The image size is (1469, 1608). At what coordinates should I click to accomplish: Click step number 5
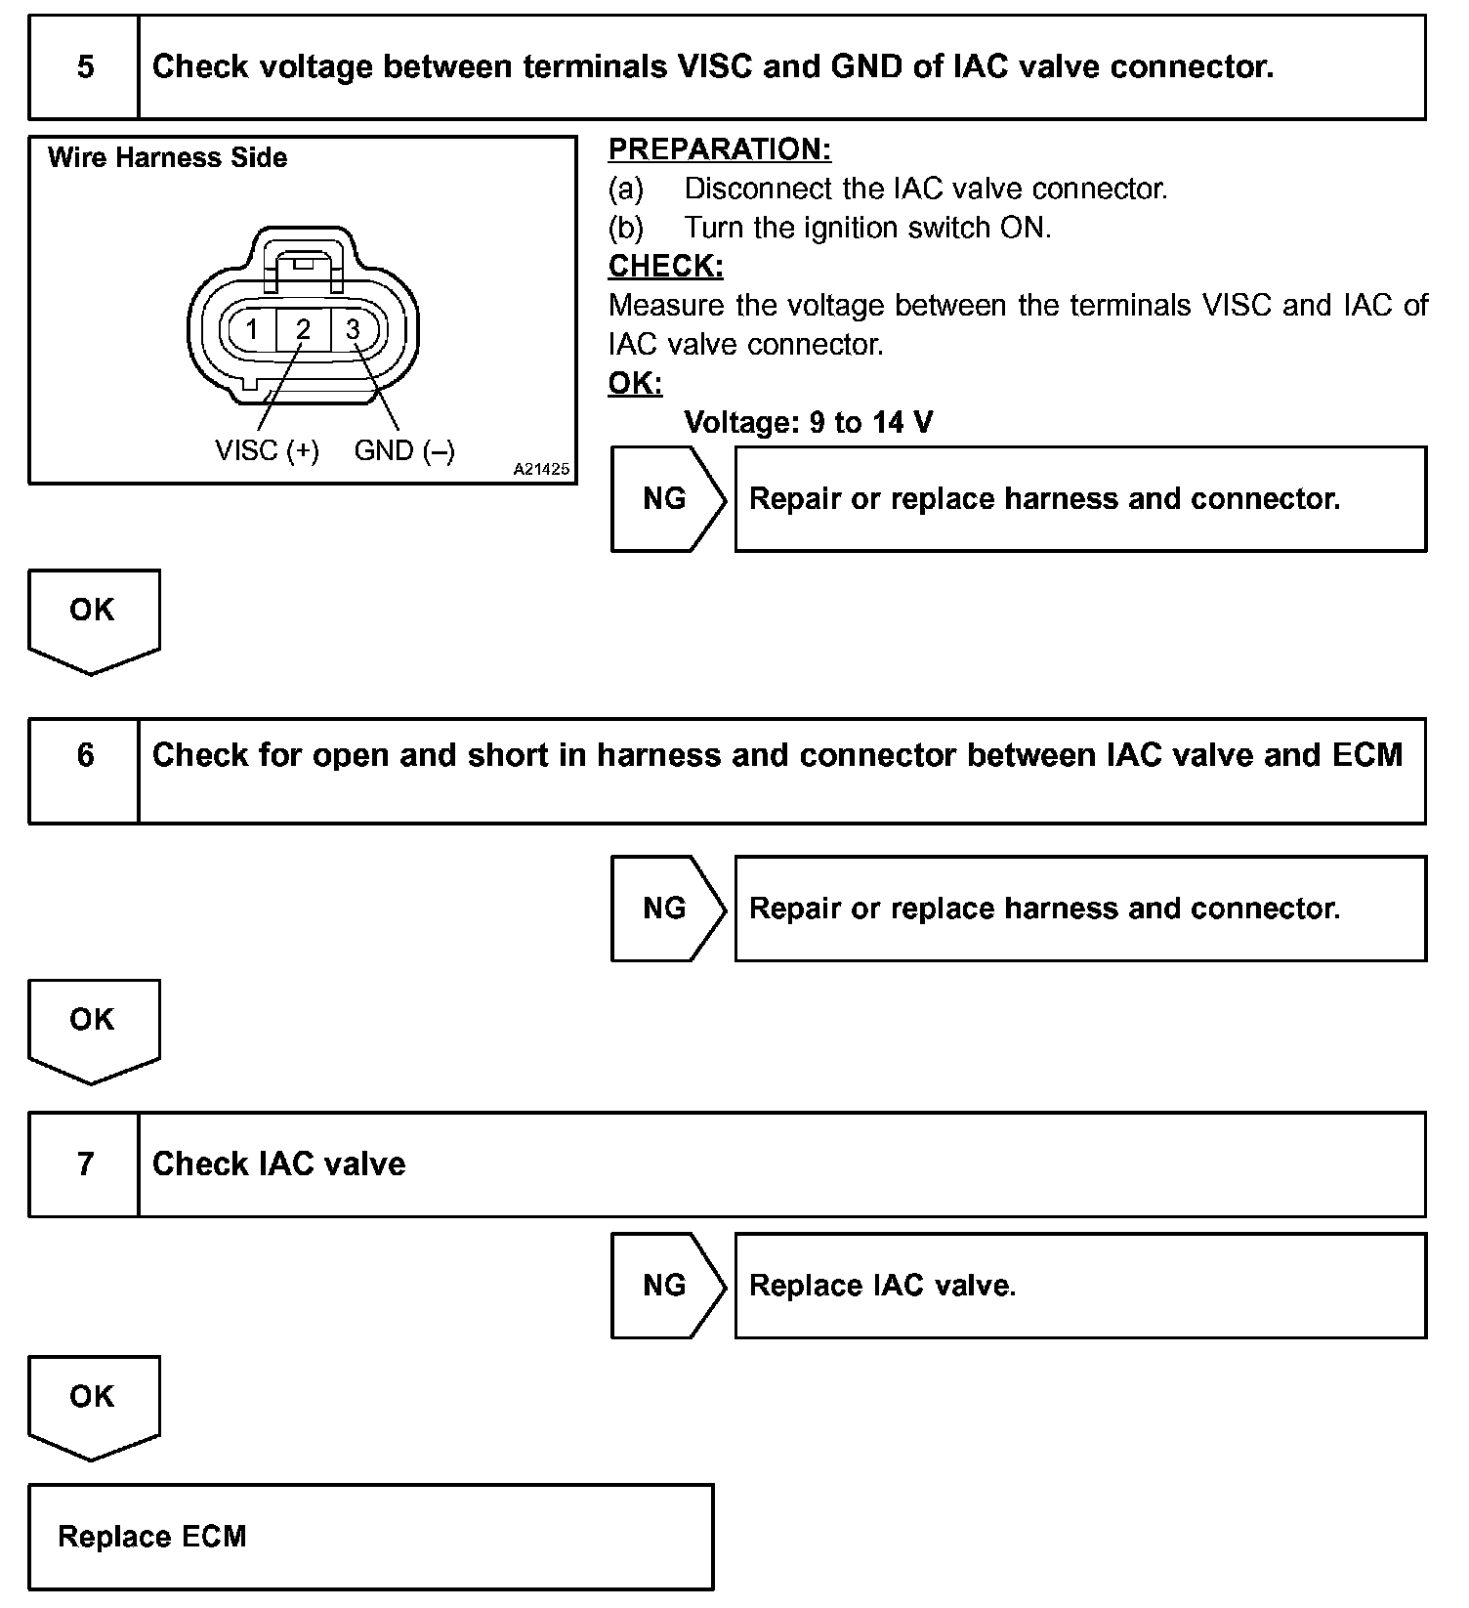[x=85, y=67]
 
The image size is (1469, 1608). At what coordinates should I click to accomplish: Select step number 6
[x=85, y=756]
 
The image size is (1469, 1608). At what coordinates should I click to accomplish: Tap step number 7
[x=85, y=1164]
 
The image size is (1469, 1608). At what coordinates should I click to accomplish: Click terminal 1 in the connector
[x=252, y=329]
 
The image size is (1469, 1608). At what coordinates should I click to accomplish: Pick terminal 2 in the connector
[x=303, y=329]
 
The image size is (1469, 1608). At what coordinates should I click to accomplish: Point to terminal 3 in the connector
[x=353, y=329]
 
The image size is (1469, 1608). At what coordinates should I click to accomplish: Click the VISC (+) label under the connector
[x=267, y=450]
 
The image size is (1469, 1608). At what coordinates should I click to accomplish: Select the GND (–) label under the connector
[x=404, y=450]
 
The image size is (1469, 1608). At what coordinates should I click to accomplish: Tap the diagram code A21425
[x=541, y=469]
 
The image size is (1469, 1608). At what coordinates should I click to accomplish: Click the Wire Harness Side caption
[x=167, y=158]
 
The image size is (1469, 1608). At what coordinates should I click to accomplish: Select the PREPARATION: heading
[x=719, y=149]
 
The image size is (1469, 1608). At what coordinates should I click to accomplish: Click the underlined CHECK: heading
[x=665, y=266]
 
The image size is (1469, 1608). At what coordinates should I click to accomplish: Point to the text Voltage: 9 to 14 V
[x=808, y=422]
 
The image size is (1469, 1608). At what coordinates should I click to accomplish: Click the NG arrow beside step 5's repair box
[x=667, y=499]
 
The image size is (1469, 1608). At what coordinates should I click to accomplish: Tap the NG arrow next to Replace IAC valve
[x=667, y=1286]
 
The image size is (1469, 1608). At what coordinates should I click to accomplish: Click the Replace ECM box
[x=370, y=1537]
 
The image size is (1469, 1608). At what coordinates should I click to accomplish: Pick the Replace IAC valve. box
[x=1079, y=1286]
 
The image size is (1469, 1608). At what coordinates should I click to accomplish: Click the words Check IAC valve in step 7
[x=278, y=1164]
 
